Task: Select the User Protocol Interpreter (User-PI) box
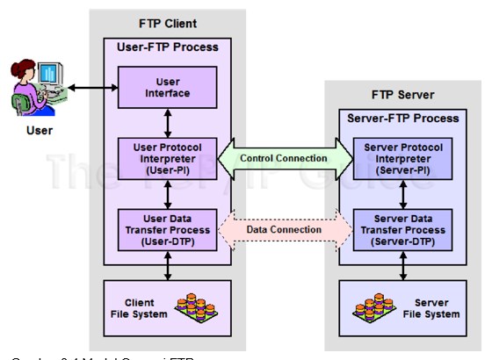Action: [168, 158]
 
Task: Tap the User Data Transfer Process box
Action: [168, 230]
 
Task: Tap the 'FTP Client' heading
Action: [168, 24]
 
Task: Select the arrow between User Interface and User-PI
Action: [168, 122]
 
